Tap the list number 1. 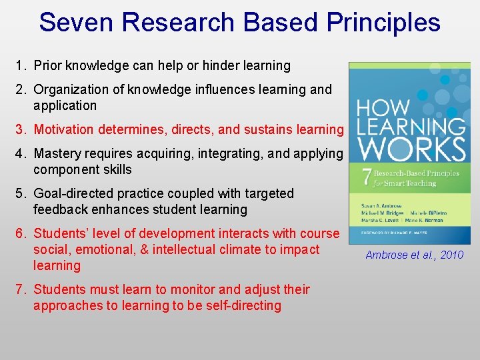pos(21,65)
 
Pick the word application pos(65,105)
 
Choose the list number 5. pos(21,193)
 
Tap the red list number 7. pos(21,289)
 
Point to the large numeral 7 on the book pos(365,177)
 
